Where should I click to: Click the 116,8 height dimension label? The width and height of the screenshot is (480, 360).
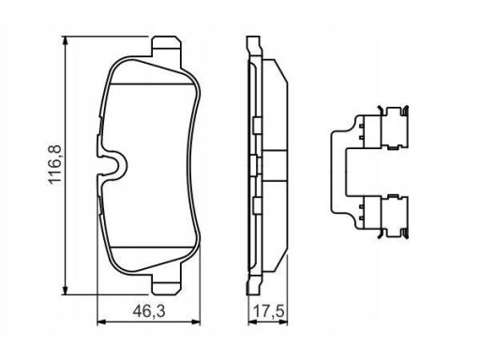[x=55, y=165]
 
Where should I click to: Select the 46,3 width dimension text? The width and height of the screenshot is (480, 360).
[x=149, y=311]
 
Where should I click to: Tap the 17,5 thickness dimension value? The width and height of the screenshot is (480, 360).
[x=268, y=311]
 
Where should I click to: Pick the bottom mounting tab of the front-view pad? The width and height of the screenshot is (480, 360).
[x=166, y=284]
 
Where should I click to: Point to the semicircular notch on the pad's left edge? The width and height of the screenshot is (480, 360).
[x=115, y=165]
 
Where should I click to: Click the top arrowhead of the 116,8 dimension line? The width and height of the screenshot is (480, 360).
[x=65, y=41]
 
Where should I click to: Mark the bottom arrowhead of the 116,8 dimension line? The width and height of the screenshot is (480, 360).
[x=65, y=290]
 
